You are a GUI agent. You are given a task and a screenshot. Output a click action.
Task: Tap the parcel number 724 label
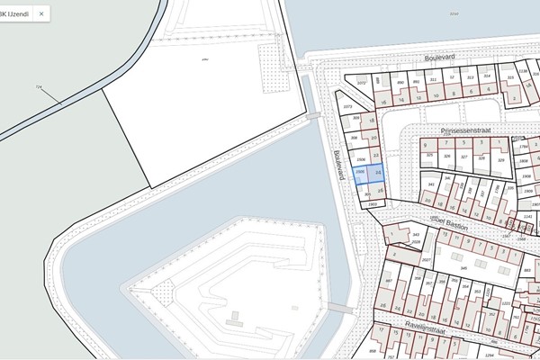pyautogui.click(x=38, y=87)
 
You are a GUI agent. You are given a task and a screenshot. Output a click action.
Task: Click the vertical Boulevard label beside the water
pyautogui.click(x=340, y=165)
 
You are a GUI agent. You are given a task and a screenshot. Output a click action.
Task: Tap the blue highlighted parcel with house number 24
pyautogui.click(x=378, y=170)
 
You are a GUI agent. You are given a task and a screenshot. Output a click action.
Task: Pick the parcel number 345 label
pyautogui.click(x=464, y=268)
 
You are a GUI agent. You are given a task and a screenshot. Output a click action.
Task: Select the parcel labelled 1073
pyautogui.click(x=348, y=105)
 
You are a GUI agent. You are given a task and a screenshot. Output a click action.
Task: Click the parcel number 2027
pyautogui.click(x=427, y=259)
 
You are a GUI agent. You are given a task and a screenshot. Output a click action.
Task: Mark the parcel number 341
pyautogui.click(x=431, y=184)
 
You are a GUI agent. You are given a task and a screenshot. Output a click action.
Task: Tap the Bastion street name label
pyautogui.click(x=455, y=227)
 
